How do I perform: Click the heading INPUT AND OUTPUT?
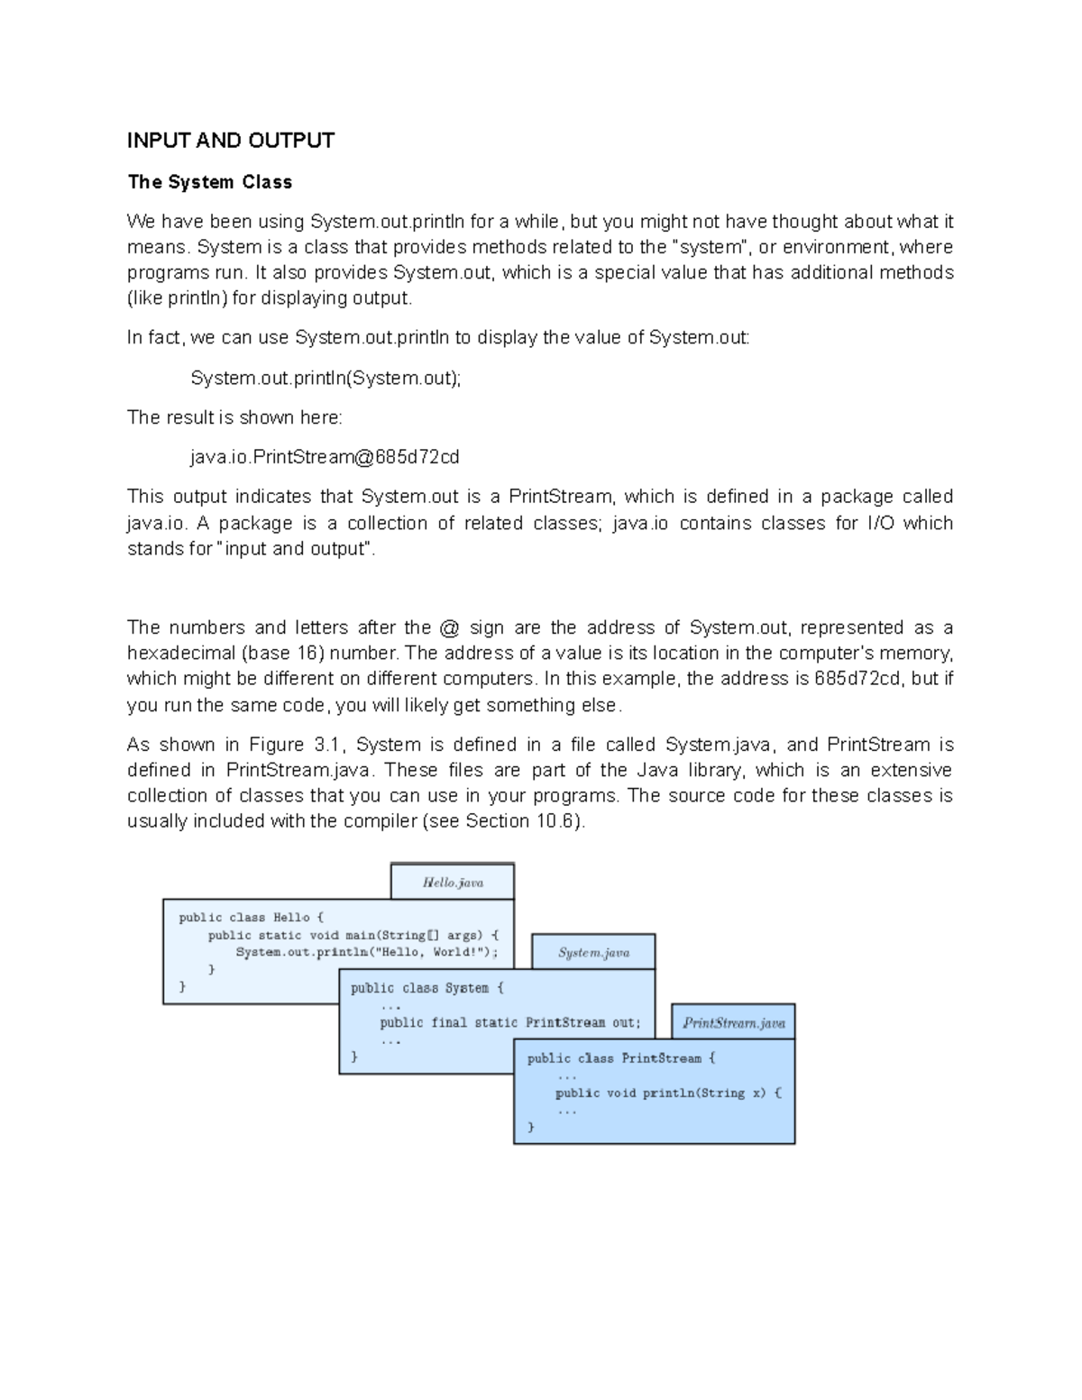231,141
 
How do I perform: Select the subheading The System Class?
210,182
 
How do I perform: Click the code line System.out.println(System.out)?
326,378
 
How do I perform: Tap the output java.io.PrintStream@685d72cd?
325,457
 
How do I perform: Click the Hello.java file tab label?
453,883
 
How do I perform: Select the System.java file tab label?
593,953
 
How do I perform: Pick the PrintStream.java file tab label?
733,1023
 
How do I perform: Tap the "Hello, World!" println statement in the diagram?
366,952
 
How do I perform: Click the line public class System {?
427,988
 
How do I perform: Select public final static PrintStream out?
510,1023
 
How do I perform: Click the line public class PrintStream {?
620,1058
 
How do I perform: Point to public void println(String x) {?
668,1093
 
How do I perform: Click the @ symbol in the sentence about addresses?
448,627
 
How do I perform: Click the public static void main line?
353,935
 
